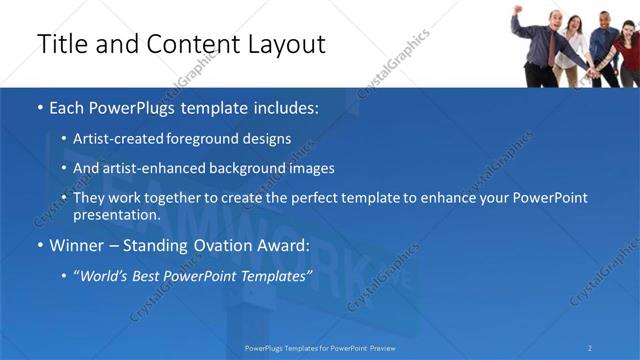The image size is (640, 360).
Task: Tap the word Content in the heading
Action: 189,44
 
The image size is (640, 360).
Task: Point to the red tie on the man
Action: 550,49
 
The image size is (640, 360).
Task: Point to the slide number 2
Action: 590,347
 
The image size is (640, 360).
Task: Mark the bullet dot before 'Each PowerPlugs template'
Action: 40,108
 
